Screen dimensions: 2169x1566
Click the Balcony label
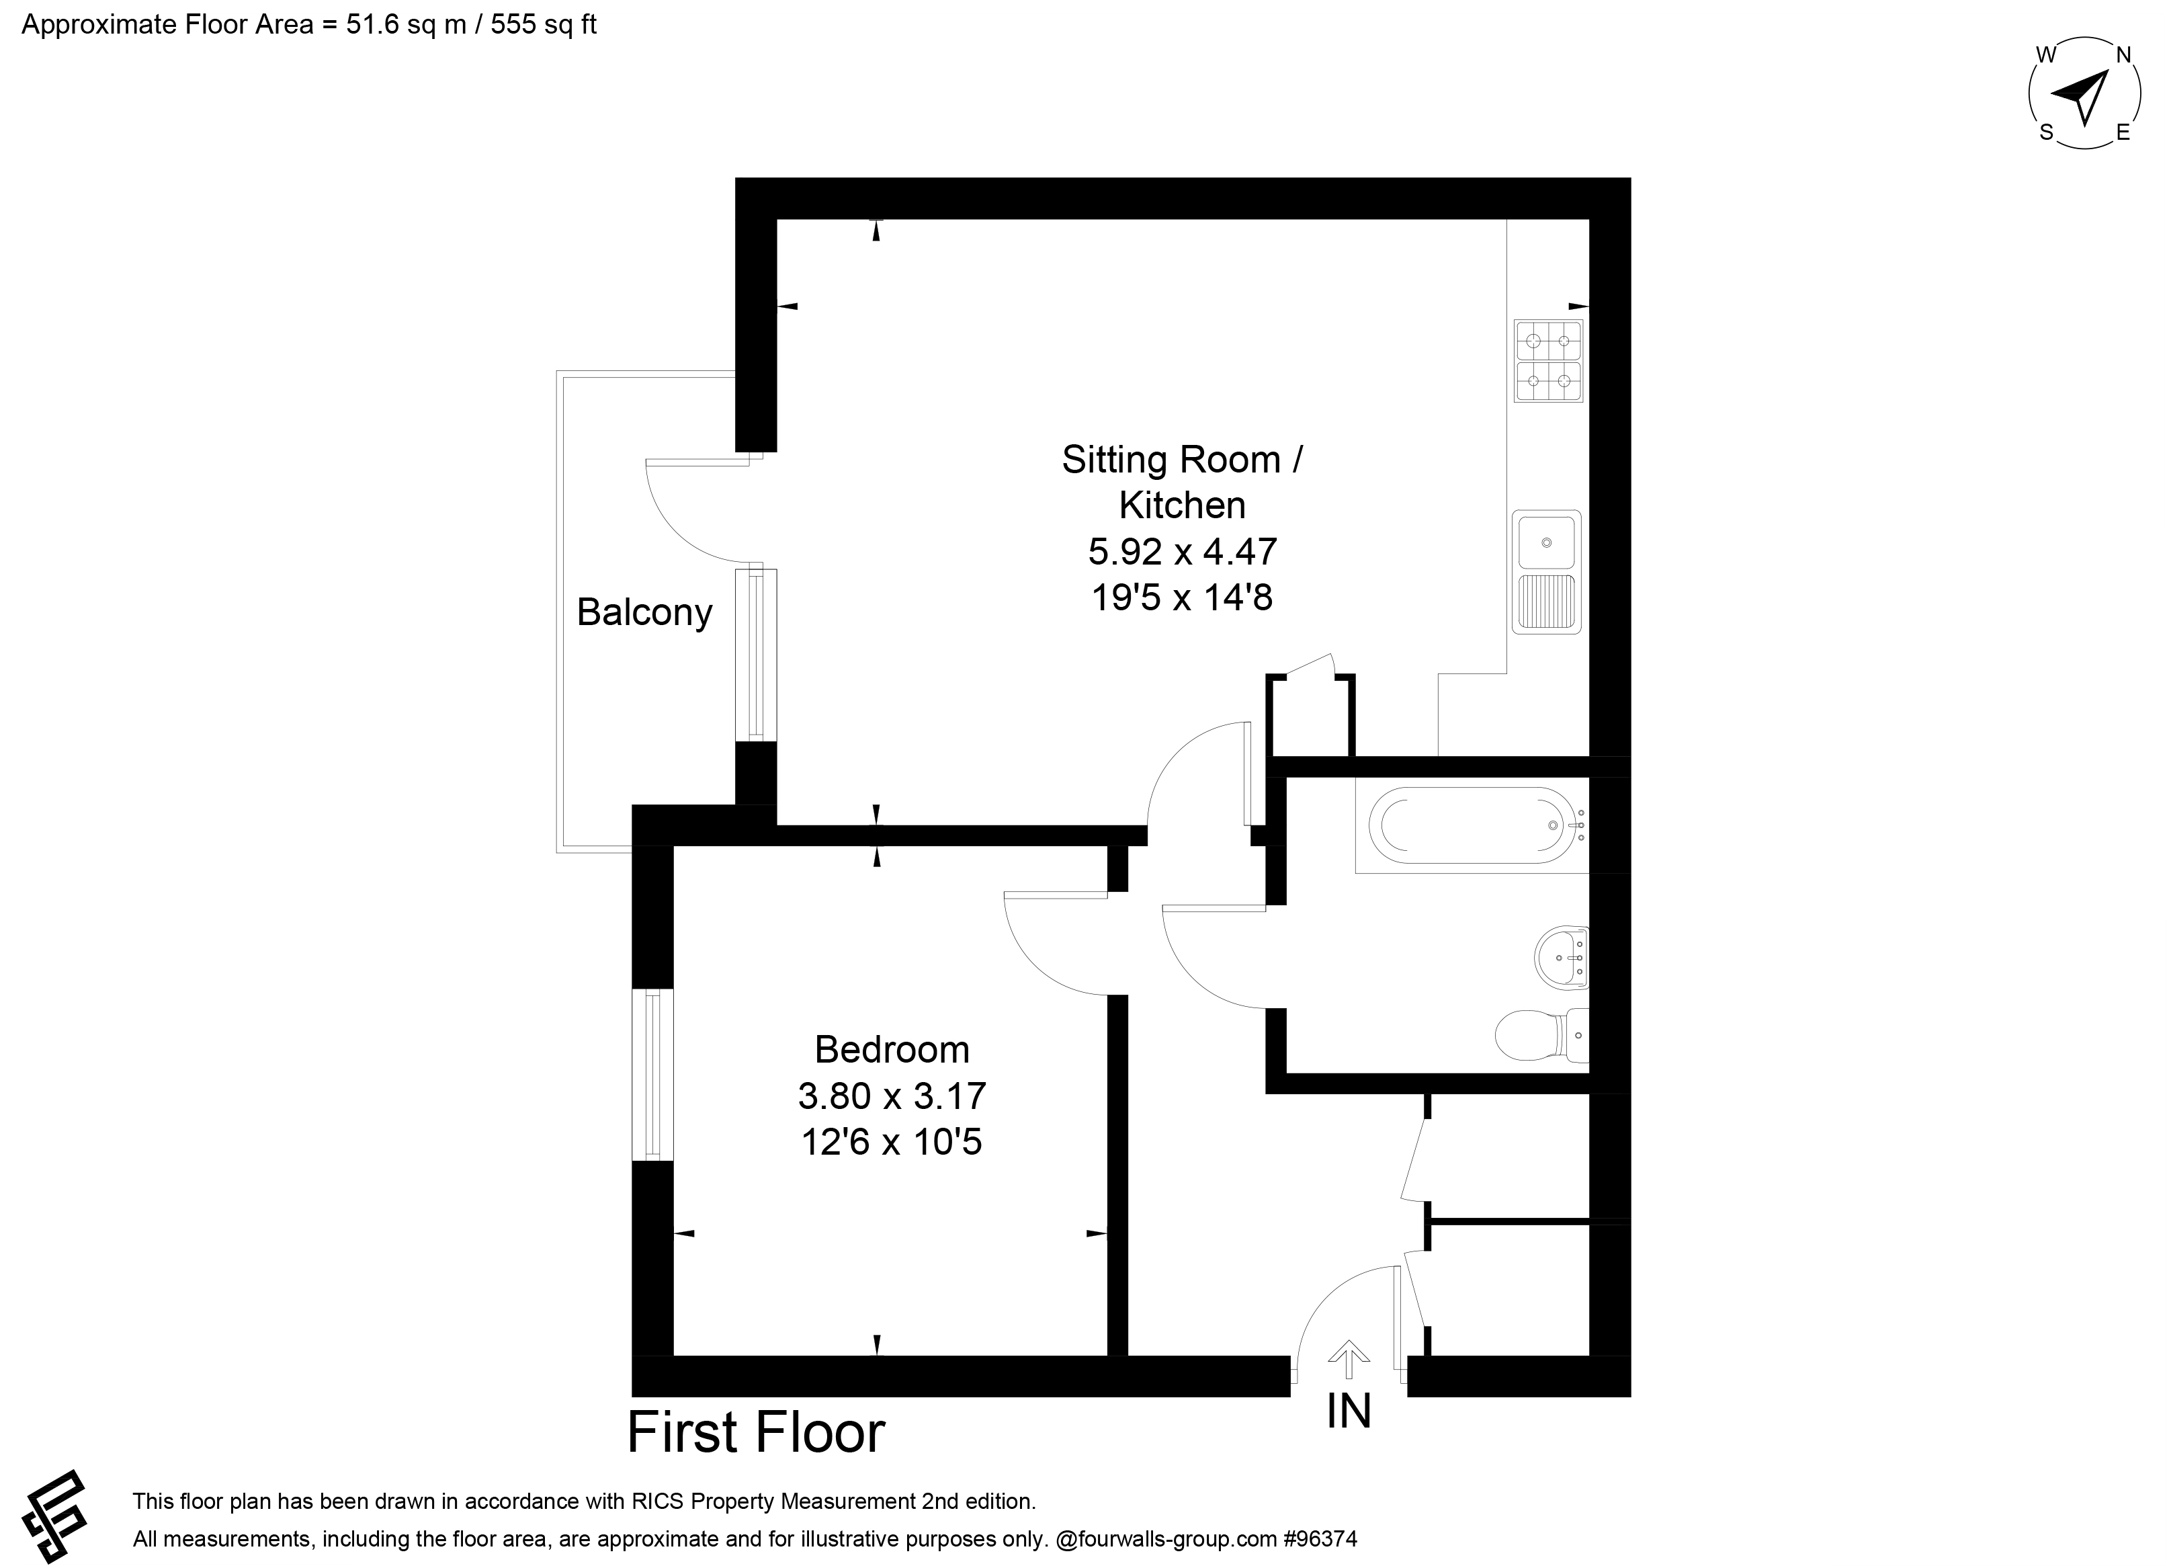point(644,612)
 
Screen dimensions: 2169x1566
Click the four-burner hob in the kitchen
point(1548,361)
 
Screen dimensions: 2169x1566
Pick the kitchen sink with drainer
point(1546,572)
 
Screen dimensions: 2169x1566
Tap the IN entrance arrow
point(1349,1358)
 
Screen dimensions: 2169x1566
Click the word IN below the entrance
point(1349,1411)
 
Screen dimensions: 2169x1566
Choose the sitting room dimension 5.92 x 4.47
point(1183,552)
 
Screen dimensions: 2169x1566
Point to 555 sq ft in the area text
point(543,24)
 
